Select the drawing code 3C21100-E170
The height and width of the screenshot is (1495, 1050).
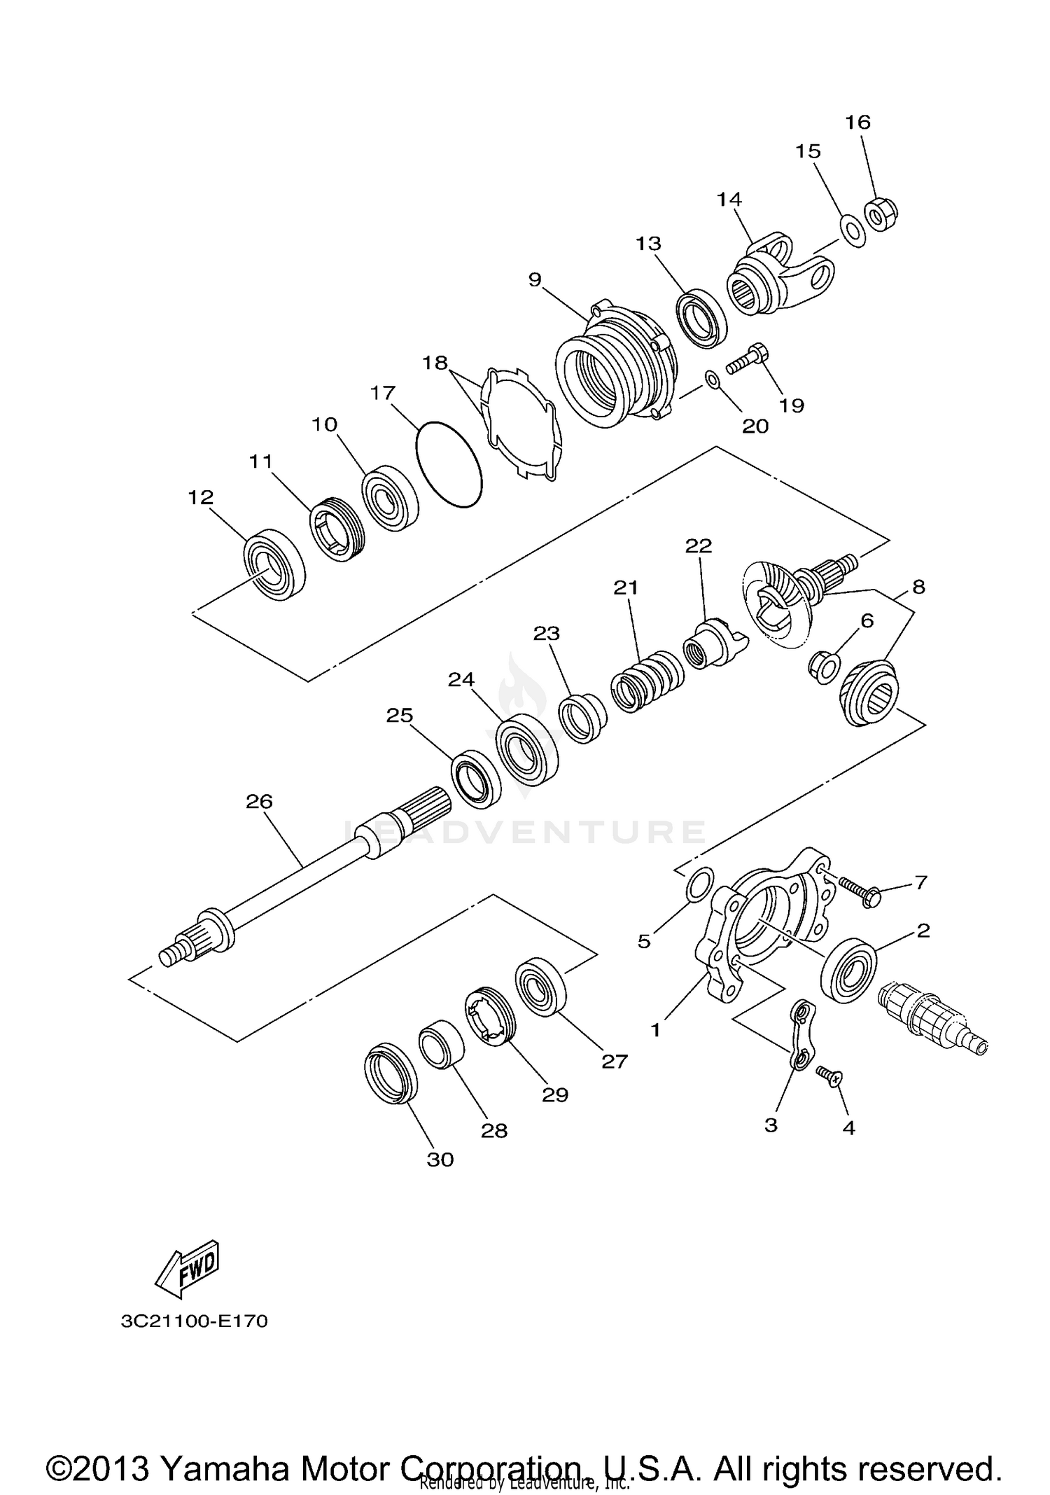click(x=194, y=1321)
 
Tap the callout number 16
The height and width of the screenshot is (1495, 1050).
click(x=857, y=123)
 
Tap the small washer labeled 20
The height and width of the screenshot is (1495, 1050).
click(x=713, y=380)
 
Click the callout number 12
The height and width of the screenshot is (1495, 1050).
click(x=200, y=497)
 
